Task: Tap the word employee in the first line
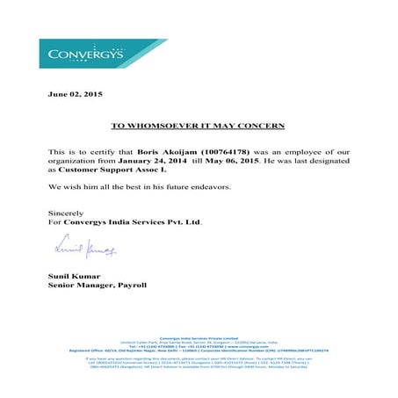point(306,150)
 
